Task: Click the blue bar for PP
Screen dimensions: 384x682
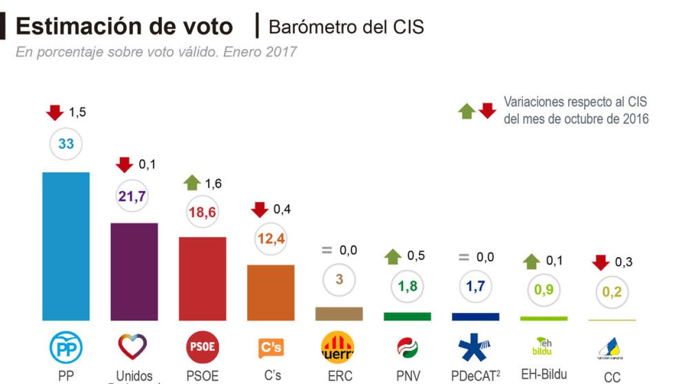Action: click(66, 246)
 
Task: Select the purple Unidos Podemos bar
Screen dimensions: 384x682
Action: click(134, 271)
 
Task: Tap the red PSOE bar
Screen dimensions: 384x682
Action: click(202, 278)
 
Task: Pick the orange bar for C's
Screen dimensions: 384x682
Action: click(271, 292)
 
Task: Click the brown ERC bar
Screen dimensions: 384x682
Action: click(339, 314)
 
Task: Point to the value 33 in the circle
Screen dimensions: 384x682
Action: click(66, 144)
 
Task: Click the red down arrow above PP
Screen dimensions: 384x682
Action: click(55, 113)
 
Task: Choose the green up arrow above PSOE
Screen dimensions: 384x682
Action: click(193, 183)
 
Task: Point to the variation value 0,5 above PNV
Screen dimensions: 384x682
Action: click(416, 256)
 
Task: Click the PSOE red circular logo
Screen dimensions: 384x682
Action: click(202, 347)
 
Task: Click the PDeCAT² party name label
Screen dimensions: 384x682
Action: click(476, 376)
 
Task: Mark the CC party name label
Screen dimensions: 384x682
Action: click(612, 377)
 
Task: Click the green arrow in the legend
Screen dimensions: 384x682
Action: click(467, 110)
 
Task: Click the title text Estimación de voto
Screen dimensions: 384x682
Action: click(124, 27)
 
